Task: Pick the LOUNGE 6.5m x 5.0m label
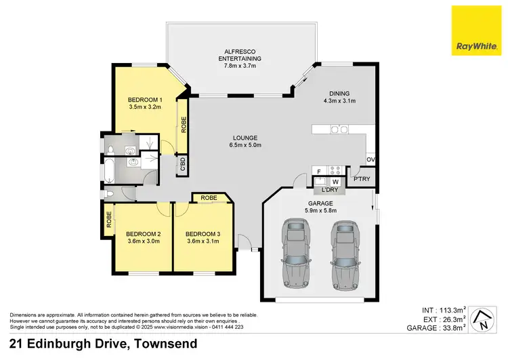[246, 141]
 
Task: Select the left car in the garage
[295, 252]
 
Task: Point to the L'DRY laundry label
[330, 191]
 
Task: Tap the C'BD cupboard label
[181, 166]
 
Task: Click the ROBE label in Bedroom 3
[209, 198]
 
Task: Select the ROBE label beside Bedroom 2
[108, 220]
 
